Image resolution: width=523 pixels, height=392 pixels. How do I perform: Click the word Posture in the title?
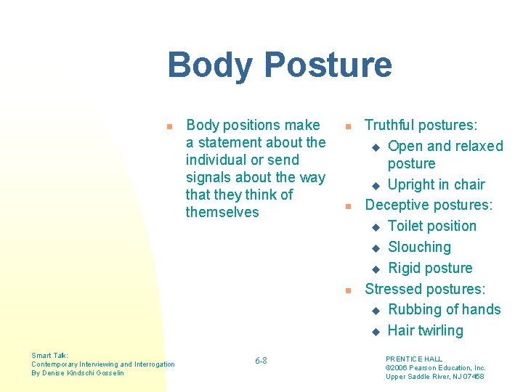pos(326,65)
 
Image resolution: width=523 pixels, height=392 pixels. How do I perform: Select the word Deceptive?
pos(397,205)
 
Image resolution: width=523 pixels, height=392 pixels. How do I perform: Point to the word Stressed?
pos(393,289)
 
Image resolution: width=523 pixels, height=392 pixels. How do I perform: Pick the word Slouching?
pos(420,248)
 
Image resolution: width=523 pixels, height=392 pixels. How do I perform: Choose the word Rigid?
pos(405,269)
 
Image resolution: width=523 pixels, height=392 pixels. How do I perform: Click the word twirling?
pos(436,331)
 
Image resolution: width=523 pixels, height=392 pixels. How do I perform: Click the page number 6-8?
pos(261,361)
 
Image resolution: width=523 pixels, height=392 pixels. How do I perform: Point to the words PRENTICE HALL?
pos(414,359)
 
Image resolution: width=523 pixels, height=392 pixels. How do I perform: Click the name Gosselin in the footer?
pos(108,373)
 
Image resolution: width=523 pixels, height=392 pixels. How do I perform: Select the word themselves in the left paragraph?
pos(222,212)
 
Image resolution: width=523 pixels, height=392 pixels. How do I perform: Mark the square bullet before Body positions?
pos(169,126)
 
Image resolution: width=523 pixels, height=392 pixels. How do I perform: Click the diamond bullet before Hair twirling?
pos(376,332)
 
